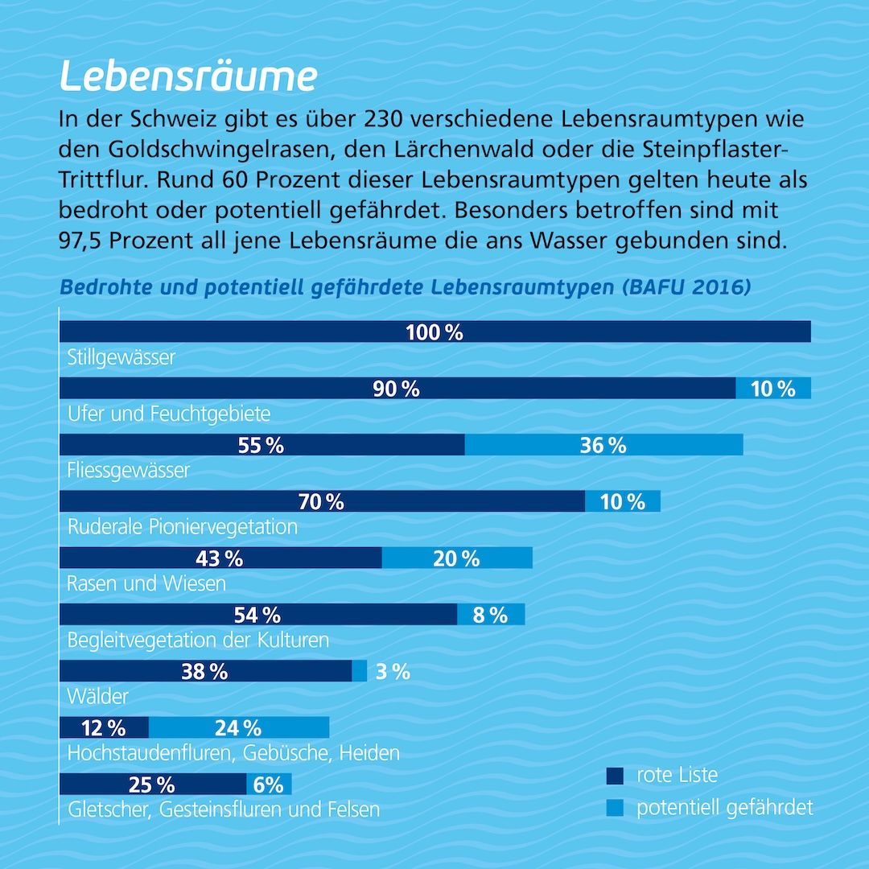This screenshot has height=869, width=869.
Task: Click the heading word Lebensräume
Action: click(x=188, y=77)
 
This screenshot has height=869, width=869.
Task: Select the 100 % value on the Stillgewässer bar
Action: click(x=434, y=332)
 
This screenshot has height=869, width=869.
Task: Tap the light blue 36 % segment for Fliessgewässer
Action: click(x=603, y=445)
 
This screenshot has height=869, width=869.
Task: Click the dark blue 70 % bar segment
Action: click(x=321, y=501)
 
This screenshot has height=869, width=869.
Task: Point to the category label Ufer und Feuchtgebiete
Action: click(x=169, y=414)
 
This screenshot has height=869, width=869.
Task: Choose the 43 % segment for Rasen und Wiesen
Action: click(x=219, y=558)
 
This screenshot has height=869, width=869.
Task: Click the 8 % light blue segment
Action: click(x=491, y=615)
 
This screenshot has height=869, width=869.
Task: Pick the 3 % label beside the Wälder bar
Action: click(x=393, y=671)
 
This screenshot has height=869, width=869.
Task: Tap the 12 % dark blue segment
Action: click(x=104, y=727)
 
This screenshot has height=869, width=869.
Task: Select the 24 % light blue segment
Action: click(x=238, y=727)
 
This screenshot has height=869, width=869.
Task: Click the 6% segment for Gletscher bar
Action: click(x=269, y=784)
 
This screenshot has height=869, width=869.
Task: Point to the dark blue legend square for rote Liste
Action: click(x=615, y=776)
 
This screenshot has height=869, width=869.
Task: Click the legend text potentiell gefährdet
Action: click(x=724, y=808)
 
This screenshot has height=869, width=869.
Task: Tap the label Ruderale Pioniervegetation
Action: click(x=183, y=527)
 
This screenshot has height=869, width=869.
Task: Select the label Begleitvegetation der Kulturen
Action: click(x=199, y=640)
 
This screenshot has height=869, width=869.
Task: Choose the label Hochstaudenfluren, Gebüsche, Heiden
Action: click(x=233, y=753)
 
